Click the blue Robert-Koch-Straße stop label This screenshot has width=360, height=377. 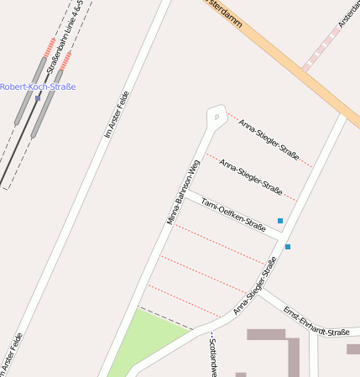coord(38,86)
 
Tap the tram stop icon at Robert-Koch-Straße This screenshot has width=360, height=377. coord(38,98)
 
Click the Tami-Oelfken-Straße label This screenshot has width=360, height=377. coord(233,215)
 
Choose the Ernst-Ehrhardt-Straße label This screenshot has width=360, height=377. coord(316,321)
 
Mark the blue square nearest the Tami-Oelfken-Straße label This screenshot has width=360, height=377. coord(280,221)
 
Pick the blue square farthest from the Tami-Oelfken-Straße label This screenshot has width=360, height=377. coord(288,247)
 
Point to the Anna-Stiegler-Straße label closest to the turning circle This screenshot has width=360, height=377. coord(269,139)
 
